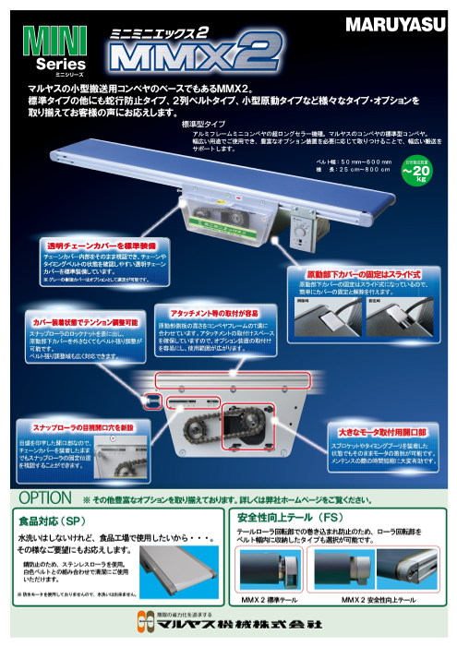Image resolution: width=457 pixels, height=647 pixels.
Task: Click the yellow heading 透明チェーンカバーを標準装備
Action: pos(101,246)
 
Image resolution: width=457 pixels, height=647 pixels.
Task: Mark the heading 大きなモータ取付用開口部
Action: pos(379,430)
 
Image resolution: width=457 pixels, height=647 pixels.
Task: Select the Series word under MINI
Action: pos(60,66)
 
